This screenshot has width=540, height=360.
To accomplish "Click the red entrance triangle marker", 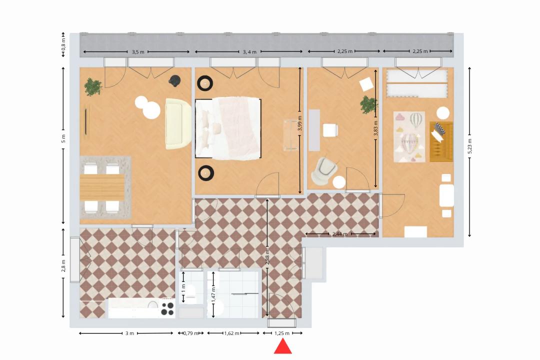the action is coord(282,347).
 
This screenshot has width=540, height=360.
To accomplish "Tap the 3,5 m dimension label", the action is coord(138,52).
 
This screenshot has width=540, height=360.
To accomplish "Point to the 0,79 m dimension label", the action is coord(191,333).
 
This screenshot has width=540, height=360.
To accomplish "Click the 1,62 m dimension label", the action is coord(232,333).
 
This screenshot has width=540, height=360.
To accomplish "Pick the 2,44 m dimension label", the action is coord(340,234).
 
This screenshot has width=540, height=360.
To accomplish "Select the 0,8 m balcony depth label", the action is coord(63,44).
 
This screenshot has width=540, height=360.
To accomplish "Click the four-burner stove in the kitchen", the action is coord(167,308).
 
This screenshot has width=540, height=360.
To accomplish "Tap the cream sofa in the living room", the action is coord(178,123).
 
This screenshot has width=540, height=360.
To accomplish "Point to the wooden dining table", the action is coord(102,187).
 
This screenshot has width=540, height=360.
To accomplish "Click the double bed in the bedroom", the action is coord(228,129).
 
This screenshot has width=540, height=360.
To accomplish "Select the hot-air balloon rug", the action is coord(409,136).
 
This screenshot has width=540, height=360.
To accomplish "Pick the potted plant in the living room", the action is coord(93,87).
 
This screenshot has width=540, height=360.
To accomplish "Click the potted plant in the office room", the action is coord(369,104).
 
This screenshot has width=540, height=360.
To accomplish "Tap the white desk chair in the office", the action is coord(330,130).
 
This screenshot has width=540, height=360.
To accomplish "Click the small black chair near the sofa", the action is coord(174,80).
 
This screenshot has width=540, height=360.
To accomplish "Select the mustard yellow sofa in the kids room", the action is coord(441,141).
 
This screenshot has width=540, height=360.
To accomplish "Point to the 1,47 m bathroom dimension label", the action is coord(214,294).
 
